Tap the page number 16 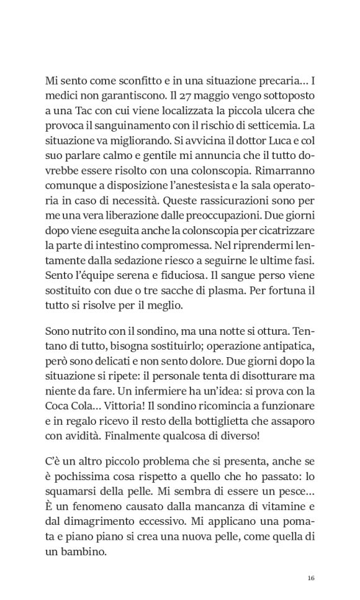311,578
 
